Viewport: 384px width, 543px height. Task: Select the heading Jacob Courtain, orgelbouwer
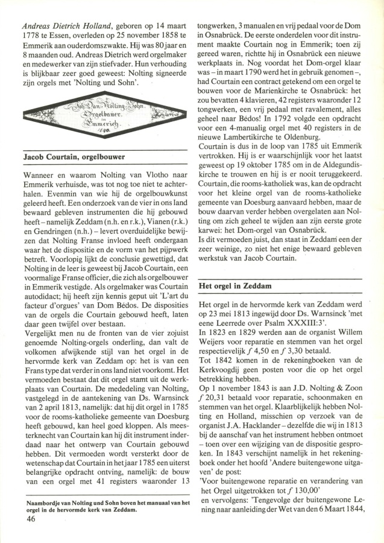pos(74,157)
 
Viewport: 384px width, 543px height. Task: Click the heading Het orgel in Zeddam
pos(239,285)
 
